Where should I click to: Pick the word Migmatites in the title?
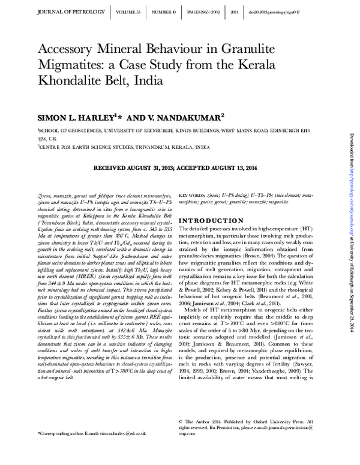pos(76,65)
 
